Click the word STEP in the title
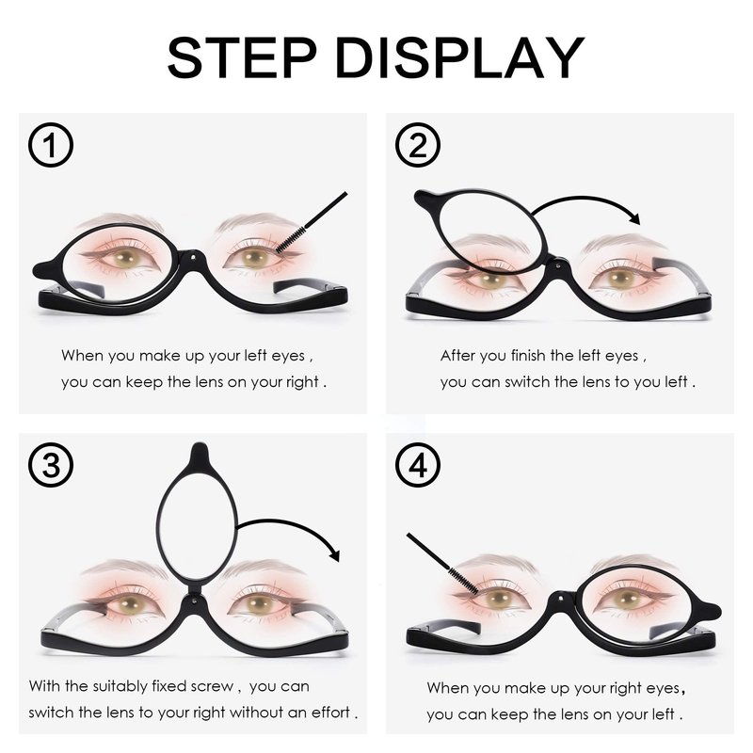tap(242, 57)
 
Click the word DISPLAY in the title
tap(459, 57)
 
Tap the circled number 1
tap(51, 145)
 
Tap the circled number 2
tap(418, 145)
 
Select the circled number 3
tap(51, 465)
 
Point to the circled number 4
tap(418, 465)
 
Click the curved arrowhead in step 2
tap(634, 218)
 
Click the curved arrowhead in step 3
tap(334, 554)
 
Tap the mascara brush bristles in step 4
tap(463, 580)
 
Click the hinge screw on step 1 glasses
tap(193, 258)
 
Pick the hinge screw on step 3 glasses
tap(194, 600)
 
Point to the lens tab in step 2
tap(426, 199)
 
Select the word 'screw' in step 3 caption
tap(212, 687)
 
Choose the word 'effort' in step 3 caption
tap(331, 713)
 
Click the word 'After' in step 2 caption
tap(457, 356)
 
